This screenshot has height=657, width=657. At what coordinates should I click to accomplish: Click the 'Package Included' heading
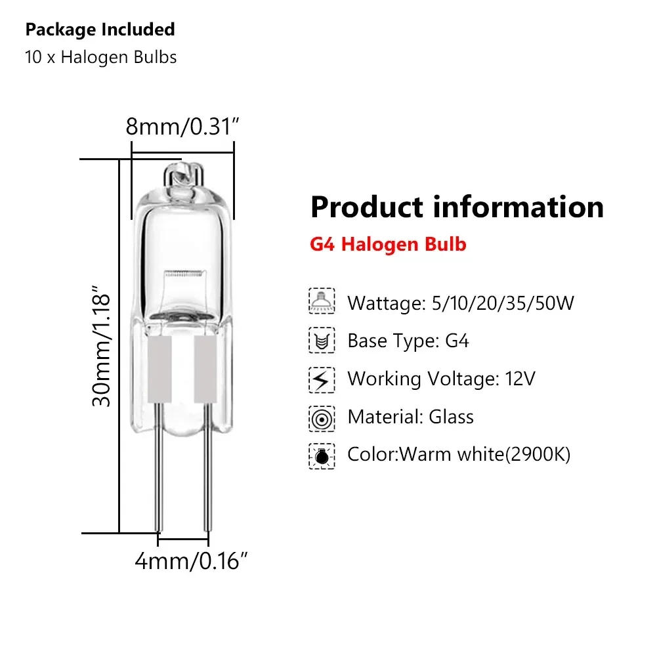tap(100, 30)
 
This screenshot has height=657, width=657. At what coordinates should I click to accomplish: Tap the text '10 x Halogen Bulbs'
tap(100, 57)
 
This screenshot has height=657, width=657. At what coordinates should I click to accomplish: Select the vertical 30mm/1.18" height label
tap(103, 344)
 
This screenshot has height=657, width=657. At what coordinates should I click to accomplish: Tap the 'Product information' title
tap(457, 207)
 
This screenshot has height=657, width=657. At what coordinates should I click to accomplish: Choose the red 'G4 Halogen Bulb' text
tap(388, 245)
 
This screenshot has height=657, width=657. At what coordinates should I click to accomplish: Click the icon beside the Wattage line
tap(322, 303)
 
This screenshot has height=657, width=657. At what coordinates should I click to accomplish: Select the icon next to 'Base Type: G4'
tap(322, 341)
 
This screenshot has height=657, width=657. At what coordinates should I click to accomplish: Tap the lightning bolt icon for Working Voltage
tap(322, 379)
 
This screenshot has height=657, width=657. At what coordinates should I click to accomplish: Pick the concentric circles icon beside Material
tap(322, 417)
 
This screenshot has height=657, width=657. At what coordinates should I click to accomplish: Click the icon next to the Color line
tap(322, 455)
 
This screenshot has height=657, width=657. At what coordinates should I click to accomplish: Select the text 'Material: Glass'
tap(410, 417)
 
